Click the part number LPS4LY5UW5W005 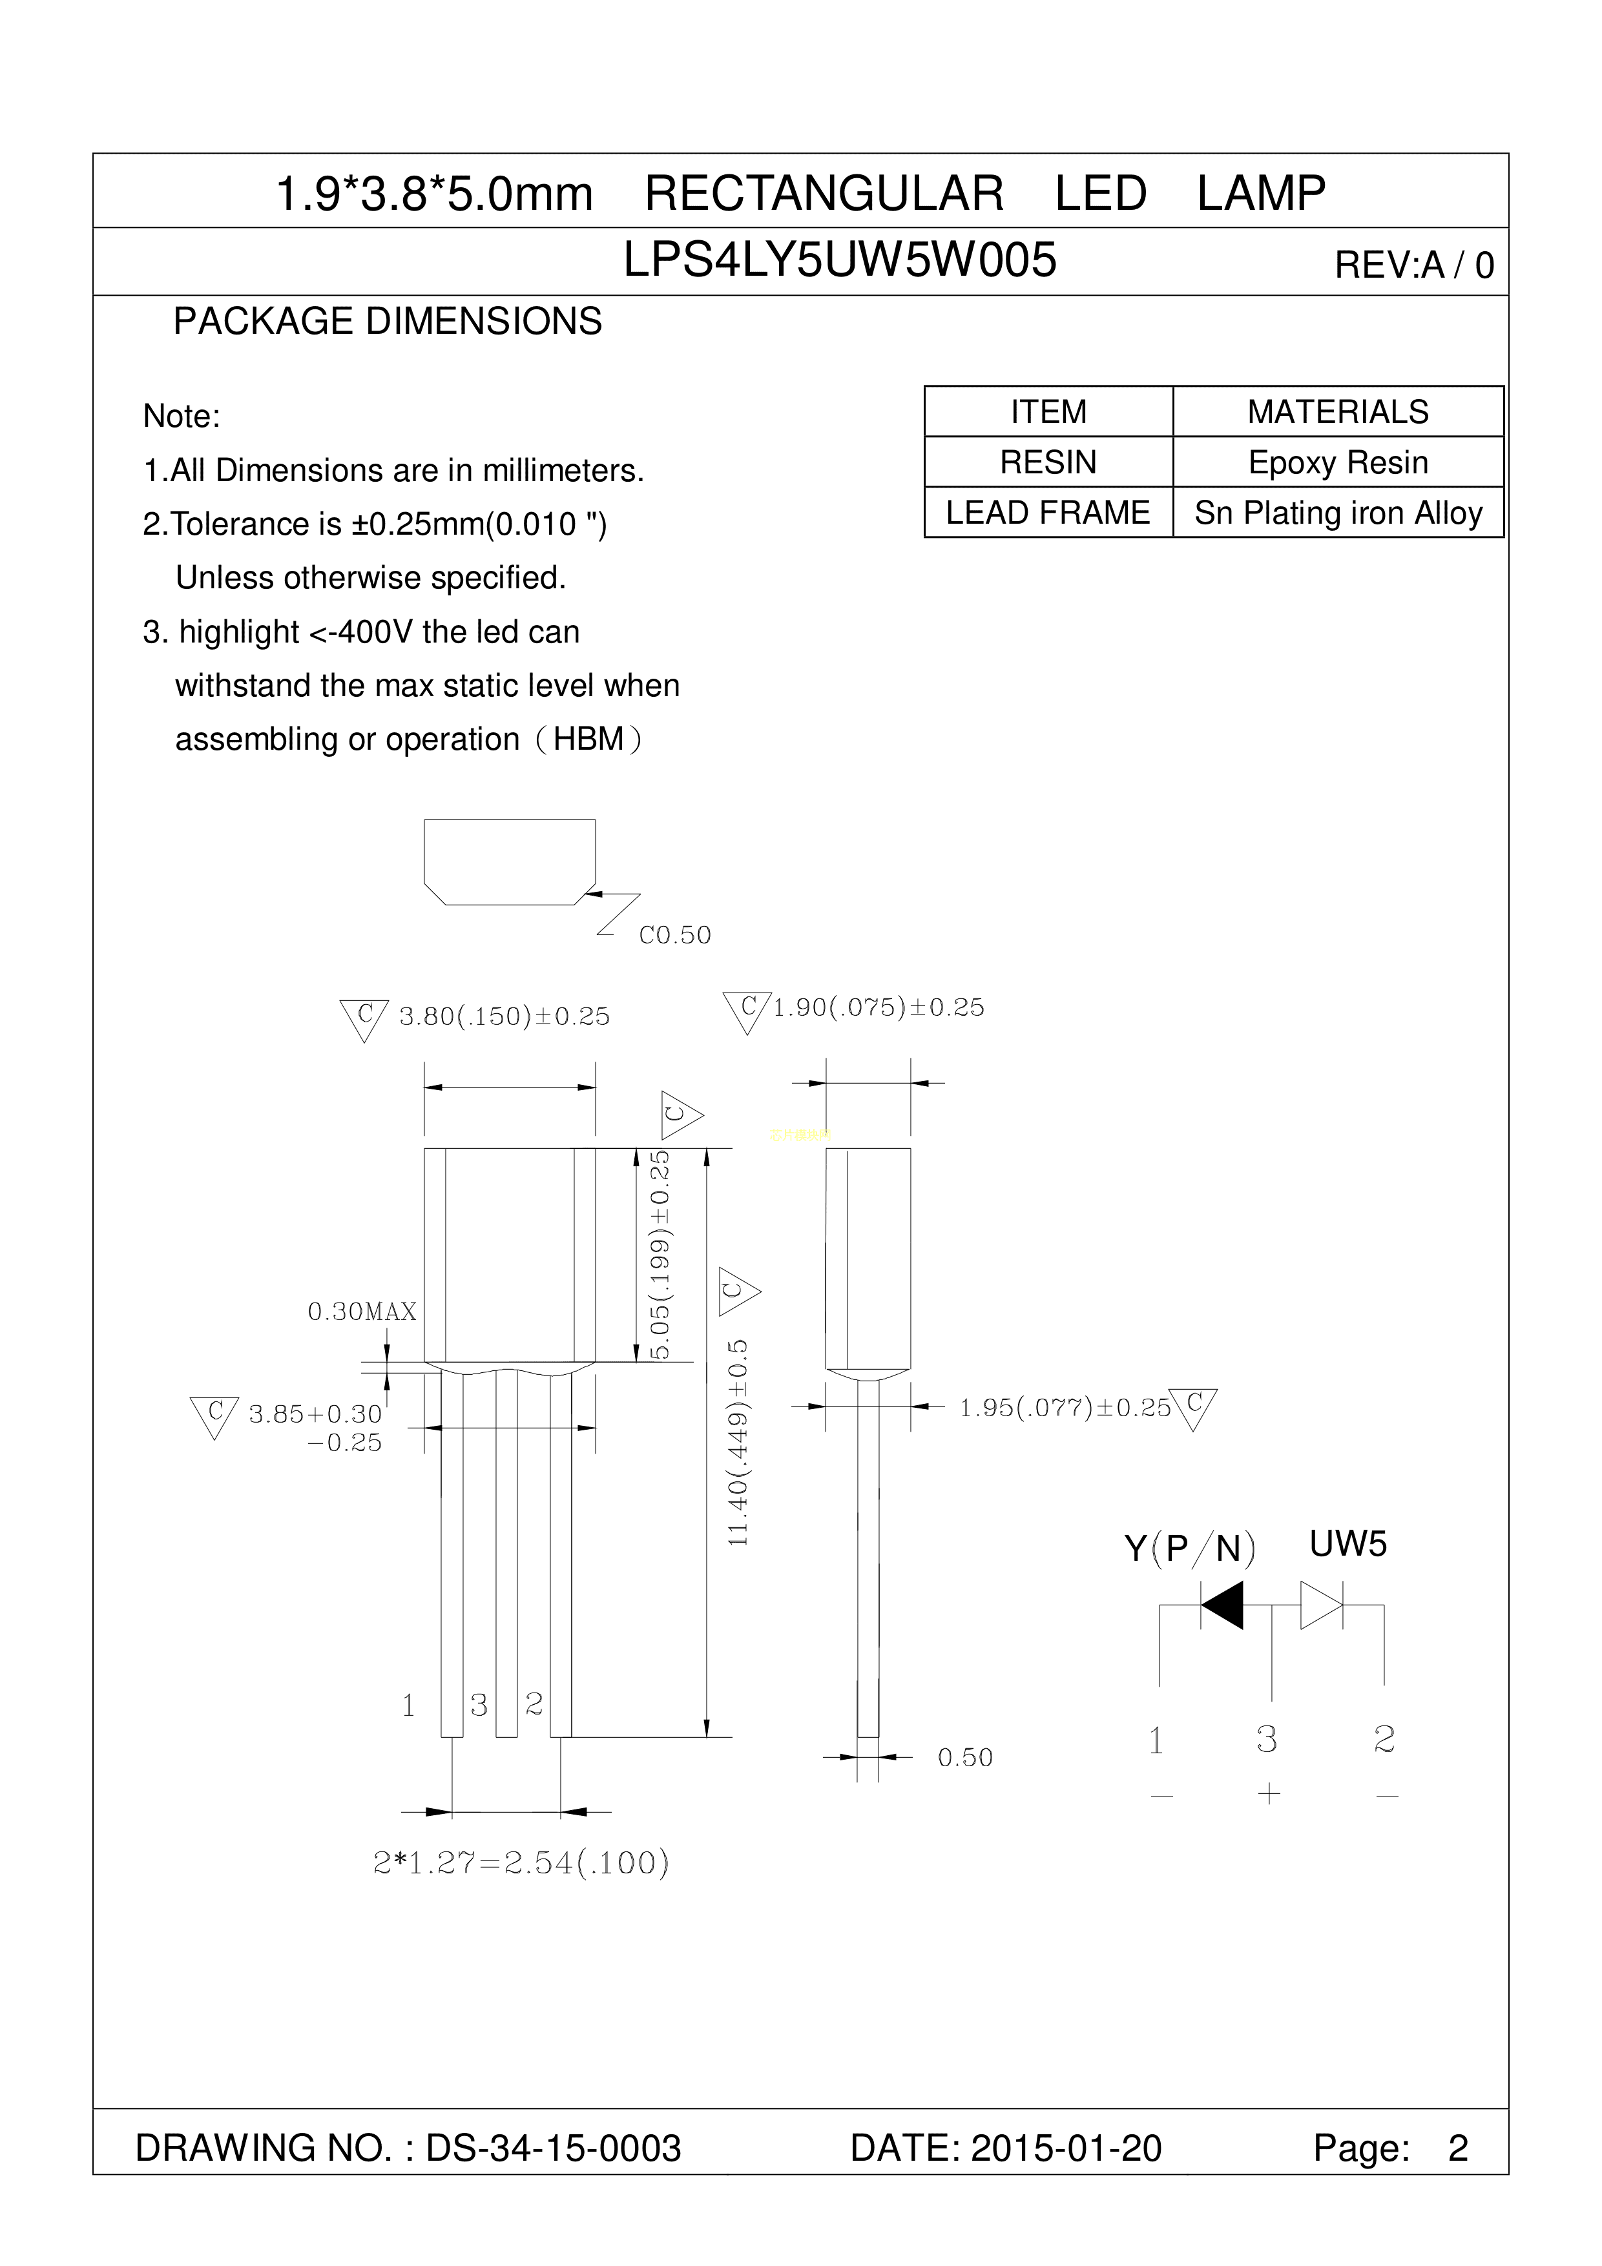pyautogui.click(x=840, y=260)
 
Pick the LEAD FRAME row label pyautogui.click(x=1048, y=512)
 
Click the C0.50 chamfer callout pyautogui.click(x=675, y=934)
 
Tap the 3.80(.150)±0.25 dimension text pyautogui.click(x=505, y=1016)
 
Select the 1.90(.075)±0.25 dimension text pyautogui.click(x=879, y=1007)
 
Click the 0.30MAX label pyautogui.click(x=362, y=1312)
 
